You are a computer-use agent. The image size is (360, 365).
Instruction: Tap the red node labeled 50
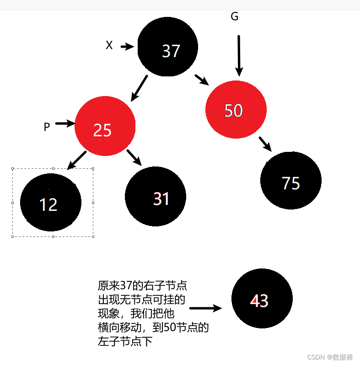click(236, 109)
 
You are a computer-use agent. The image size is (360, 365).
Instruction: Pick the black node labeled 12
click(51, 202)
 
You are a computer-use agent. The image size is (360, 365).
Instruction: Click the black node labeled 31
click(156, 196)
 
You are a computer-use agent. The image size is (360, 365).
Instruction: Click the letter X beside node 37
click(109, 45)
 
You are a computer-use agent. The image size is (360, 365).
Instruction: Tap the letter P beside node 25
click(47, 127)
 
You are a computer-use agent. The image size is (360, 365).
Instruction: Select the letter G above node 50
click(234, 17)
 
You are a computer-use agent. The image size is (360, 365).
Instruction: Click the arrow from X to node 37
click(127, 46)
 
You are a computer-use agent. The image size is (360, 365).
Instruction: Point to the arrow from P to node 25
click(65, 123)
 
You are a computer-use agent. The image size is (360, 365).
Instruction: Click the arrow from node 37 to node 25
click(140, 88)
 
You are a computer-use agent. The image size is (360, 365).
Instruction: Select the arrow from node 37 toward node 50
click(201, 80)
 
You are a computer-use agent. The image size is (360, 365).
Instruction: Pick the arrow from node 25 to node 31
click(134, 157)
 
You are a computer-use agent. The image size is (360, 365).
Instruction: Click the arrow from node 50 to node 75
click(265, 144)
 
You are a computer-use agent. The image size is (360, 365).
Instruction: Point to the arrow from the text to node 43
click(205, 308)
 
